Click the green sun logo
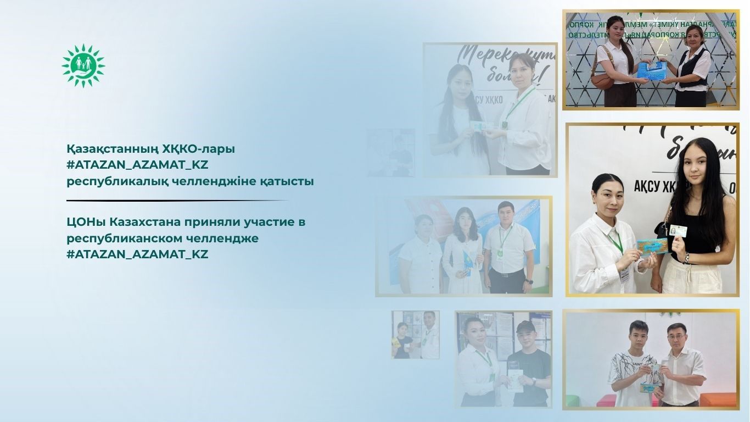(x=83, y=65)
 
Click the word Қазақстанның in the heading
(x=111, y=149)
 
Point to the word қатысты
(x=287, y=181)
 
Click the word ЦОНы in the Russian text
(x=86, y=223)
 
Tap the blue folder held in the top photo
(x=650, y=69)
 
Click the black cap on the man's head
(x=525, y=327)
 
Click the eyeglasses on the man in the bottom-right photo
(x=674, y=334)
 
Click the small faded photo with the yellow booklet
(x=415, y=335)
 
